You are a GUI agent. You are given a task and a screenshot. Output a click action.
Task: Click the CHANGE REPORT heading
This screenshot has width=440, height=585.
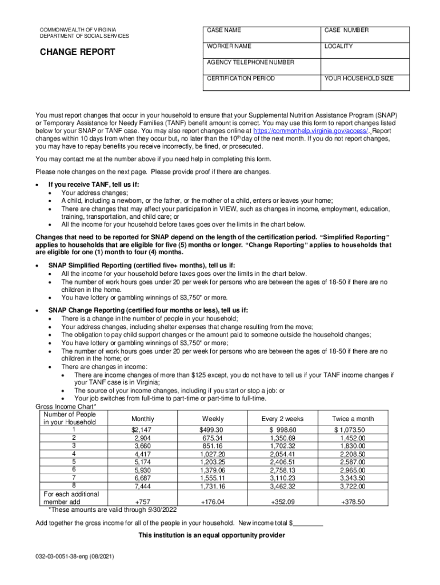(77, 52)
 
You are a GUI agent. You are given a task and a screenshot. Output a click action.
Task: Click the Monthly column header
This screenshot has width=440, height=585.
(142, 419)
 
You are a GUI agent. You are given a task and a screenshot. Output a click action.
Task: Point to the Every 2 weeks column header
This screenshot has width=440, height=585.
(282, 419)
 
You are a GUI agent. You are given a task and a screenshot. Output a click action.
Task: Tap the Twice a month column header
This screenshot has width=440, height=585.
(353, 419)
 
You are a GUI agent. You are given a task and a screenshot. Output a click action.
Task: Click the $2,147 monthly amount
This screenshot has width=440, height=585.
(142, 430)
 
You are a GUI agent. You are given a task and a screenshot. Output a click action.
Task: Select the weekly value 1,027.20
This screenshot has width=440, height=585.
(212, 454)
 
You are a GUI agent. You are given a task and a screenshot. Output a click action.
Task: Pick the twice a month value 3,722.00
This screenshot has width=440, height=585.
(353, 486)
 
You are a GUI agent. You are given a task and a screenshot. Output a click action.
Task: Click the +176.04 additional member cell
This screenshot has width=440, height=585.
(212, 502)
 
